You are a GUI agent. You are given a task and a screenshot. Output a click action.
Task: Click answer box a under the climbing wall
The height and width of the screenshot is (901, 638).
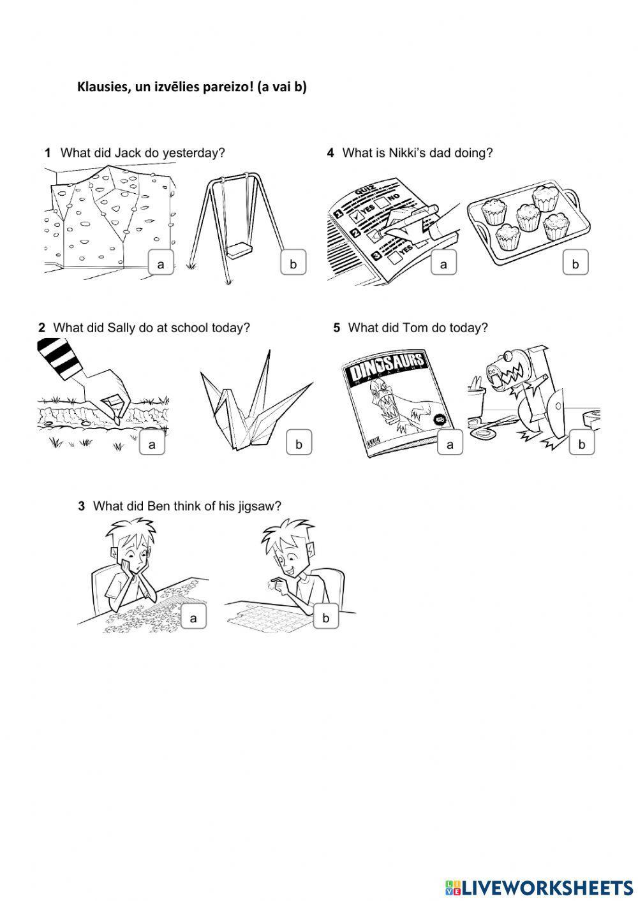(161, 264)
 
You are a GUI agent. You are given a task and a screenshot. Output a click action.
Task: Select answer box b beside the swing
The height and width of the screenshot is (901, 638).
(293, 264)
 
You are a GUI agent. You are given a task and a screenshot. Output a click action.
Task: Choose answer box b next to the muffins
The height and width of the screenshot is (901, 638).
(575, 264)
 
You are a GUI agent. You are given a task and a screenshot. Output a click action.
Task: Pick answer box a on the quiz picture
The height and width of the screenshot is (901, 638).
(443, 264)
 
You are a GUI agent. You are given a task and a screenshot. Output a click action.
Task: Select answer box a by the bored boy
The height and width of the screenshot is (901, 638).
(194, 617)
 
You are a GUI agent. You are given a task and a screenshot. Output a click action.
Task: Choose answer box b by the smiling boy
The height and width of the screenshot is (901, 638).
(325, 617)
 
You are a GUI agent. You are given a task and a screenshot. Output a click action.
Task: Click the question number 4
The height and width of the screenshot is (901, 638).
(330, 153)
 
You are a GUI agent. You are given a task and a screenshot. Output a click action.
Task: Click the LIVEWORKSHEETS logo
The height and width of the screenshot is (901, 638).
(539, 887)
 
